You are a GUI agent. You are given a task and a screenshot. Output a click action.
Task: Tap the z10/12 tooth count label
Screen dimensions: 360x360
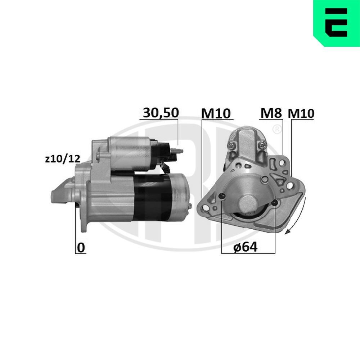[62, 159]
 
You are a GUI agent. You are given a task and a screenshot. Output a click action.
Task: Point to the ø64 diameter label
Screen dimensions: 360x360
[245, 247]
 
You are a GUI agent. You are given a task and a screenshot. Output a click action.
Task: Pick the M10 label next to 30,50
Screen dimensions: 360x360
[216, 113]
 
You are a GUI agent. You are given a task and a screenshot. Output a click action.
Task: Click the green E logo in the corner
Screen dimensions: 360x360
[337, 23]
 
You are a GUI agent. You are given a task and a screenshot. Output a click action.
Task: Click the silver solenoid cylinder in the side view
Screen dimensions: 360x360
[132, 154]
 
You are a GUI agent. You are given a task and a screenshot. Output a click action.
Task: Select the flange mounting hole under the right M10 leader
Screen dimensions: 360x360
[289, 186]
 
